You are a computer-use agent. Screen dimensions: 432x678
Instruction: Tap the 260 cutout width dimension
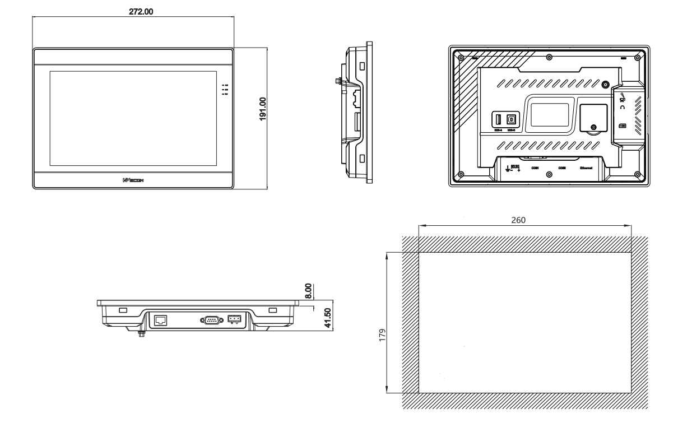518,220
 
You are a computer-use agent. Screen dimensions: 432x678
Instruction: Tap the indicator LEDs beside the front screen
225,90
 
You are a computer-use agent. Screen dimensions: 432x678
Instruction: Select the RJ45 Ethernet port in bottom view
160,320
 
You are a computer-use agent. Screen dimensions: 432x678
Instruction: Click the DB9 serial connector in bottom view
210,320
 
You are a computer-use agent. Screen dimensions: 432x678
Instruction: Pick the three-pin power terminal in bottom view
234,319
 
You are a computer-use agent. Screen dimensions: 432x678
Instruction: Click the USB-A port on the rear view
498,119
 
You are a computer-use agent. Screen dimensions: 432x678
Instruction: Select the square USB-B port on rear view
511,119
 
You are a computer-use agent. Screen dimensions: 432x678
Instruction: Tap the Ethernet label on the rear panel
587,168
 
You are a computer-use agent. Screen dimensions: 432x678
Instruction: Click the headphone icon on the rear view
622,107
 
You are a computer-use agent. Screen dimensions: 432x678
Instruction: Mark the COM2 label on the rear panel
561,168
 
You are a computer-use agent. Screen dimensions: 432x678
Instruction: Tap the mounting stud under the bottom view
141,334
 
